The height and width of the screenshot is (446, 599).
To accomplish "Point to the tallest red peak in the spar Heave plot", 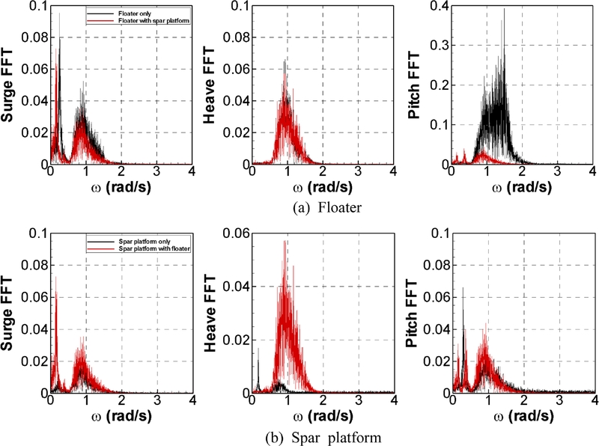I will point(285,242).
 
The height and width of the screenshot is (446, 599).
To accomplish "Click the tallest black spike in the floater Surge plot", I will point(59,14).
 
